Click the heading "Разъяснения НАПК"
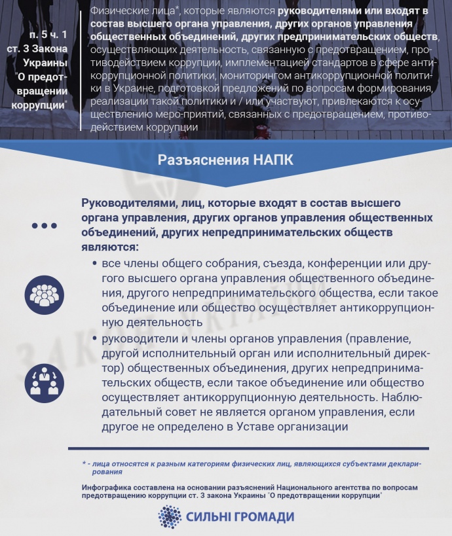pyautogui.click(x=226, y=160)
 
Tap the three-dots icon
pyautogui.click(x=45, y=226)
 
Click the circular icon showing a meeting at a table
pyautogui.click(x=45, y=380)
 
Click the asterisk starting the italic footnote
pyautogui.click(x=84, y=463)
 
